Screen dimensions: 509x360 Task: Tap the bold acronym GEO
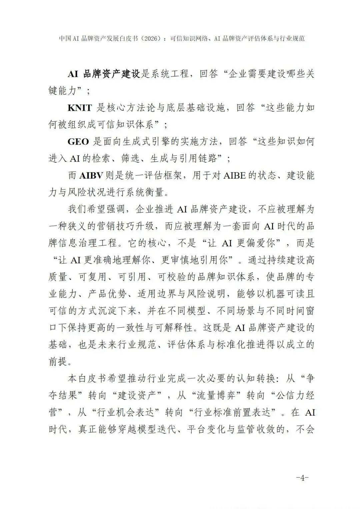pyautogui.click(x=78, y=142)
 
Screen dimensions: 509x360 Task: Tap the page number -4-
pyautogui.click(x=302, y=478)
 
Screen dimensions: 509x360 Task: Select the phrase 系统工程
pyautogui.click(x=170, y=74)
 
